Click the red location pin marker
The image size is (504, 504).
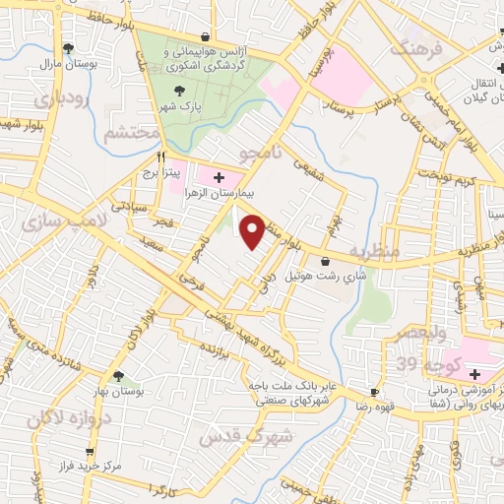253,231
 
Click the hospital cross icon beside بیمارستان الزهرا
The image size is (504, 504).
218,176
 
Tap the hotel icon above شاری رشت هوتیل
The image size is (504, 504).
325,262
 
